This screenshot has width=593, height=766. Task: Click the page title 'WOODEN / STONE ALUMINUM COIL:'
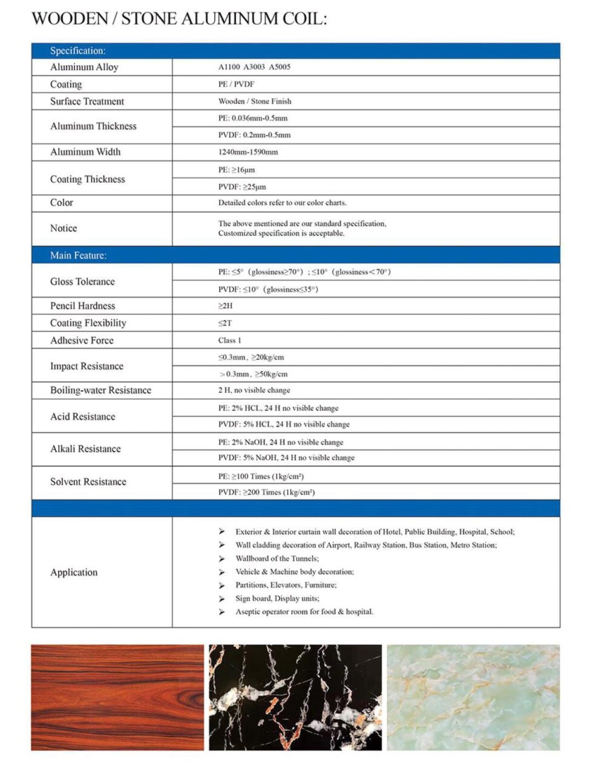[x=179, y=19]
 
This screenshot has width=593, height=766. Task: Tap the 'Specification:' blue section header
[x=77, y=51]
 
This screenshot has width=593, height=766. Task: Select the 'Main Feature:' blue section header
[x=78, y=255]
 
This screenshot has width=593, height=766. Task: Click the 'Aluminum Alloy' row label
[x=84, y=67]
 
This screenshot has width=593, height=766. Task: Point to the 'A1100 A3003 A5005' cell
[x=254, y=67]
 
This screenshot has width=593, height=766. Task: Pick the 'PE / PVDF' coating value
[x=236, y=84]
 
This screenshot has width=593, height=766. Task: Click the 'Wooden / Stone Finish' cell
[x=255, y=101]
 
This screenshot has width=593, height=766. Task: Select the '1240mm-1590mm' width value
[x=248, y=152]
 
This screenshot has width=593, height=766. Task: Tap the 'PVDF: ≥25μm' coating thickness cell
[x=242, y=186]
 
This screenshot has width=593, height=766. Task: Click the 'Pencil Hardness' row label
[x=82, y=306]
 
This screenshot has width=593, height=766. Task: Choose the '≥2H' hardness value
[x=225, y=306]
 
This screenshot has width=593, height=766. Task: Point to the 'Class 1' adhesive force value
[x=229, y=340]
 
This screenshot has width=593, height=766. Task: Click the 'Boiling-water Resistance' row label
[x=100, y=390]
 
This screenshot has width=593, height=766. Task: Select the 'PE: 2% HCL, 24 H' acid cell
[x=278, y=408]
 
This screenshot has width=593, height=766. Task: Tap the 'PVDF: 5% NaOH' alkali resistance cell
[x=286, y=457]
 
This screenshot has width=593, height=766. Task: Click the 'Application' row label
[x=74, y=572]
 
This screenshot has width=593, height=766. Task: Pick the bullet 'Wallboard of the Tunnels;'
[x=277, y=558]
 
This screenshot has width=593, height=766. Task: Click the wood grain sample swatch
[x=117, y=697]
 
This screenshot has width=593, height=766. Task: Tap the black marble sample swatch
[x=295, y=697]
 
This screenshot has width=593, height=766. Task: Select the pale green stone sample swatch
[x=473, y=697]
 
